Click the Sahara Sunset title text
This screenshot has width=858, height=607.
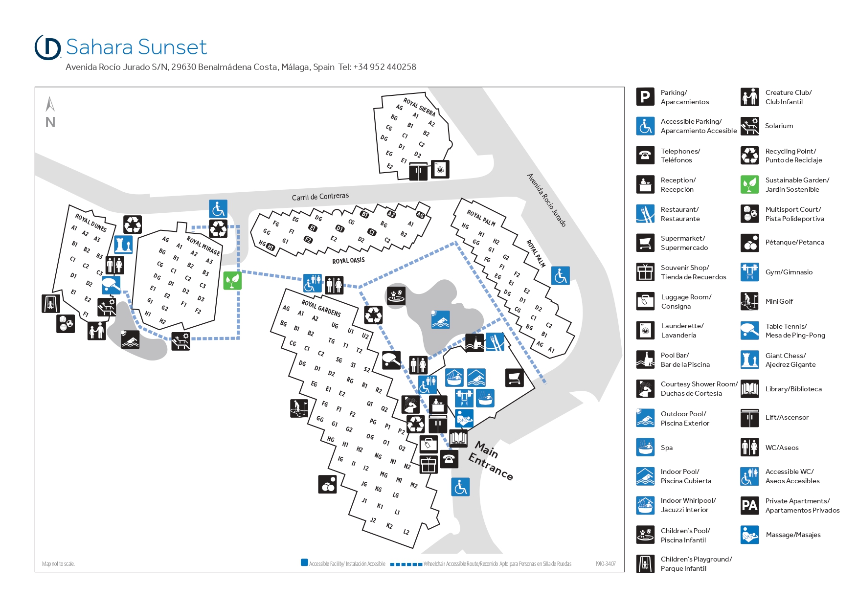pos(136,47)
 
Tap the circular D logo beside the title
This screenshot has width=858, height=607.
pos(48,47)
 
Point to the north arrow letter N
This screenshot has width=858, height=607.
pos(50,122)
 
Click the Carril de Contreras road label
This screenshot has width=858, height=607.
pos(320,197)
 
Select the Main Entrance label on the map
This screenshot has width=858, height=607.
pos(491,461)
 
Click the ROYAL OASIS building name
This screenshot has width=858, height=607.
pos(348,261)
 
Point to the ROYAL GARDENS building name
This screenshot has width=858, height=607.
pos(321,308)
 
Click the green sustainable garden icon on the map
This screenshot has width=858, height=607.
pos(232,280)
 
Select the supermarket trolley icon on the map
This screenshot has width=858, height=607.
pos(514,378)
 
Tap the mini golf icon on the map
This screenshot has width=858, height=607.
pos(299,408)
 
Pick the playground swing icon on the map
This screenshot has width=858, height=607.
pos(51,304)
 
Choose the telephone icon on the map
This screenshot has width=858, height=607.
pos(449,459)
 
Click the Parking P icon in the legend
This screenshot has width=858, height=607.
pos(645,97)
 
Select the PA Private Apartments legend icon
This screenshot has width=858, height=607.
pos(749,505)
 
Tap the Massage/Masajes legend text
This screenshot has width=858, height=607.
pos(793,535)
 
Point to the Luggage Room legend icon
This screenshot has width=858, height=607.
pos(645,301)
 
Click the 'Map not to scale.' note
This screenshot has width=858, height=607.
pos(58,564)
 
